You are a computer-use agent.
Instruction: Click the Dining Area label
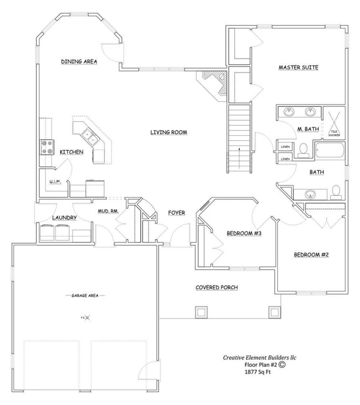79,61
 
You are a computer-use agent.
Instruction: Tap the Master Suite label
298,68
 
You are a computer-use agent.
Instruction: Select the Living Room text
168,132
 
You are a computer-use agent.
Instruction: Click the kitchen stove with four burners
47,147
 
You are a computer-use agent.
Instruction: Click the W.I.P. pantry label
54,182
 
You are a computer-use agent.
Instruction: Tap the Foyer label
176,212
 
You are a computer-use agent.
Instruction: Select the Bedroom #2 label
311,255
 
